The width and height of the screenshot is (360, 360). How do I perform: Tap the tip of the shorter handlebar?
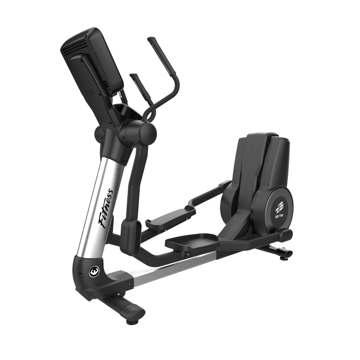click(x=132, y=75)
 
